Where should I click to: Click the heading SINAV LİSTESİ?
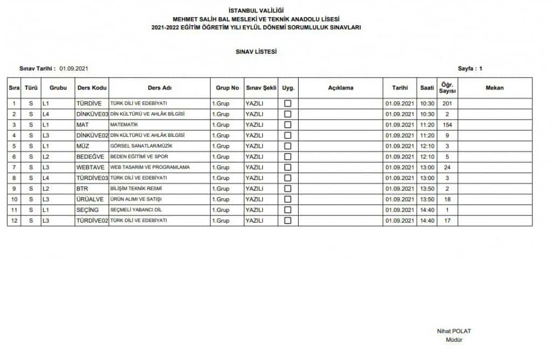tap(256, 52)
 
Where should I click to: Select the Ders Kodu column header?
tap(92, 88)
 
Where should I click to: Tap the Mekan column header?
tap(494, 88)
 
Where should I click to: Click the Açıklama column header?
tap(341, 88)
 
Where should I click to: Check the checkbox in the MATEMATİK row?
tap(288, 124)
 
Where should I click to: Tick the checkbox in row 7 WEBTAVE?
tap(288, 168)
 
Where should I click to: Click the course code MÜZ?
tap(82, 146)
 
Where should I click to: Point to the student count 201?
tap(447, 103)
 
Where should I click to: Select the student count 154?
tap(447, 124)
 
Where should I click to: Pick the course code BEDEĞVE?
tap(89, 157)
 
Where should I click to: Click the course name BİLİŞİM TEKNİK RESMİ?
tap(136, 189)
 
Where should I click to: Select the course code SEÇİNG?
tap(87, 210)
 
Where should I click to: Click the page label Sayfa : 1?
tap(470, 68)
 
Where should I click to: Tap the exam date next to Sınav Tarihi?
tap(74, 68)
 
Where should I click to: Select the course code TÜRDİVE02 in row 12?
tap(93, 221)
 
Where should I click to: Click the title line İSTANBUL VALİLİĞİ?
tap(256, 10)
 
